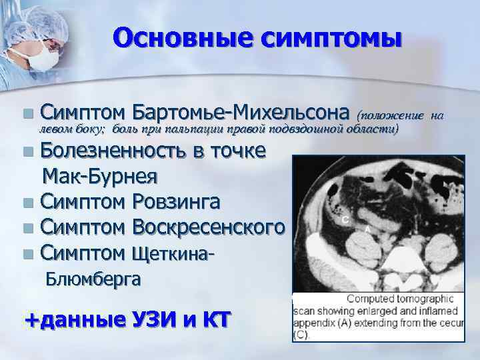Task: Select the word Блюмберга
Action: point(93,279)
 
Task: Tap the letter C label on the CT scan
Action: point(345,219)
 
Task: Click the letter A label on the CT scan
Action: point(368,229)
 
